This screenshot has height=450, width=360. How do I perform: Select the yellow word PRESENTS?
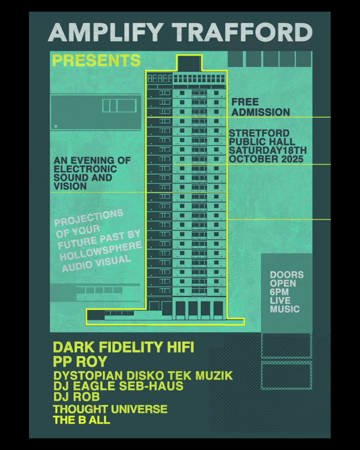[x=96, y=60]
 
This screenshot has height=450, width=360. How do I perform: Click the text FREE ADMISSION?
[x=261, y=107]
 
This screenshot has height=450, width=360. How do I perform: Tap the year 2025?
[x=291, y=159]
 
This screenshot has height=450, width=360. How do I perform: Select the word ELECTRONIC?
[x=85, y=169]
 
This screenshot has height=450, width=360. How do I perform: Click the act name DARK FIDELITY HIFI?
[x=123, y=347]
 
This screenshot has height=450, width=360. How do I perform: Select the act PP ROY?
[x=80, y=361]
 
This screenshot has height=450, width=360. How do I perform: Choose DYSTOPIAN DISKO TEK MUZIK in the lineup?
[x=143, y=376]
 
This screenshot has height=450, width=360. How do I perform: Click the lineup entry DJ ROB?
[x=76, y=397]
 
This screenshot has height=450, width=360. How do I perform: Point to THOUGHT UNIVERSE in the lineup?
[x=110, y=409]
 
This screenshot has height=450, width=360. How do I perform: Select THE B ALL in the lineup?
[x=81, y=421]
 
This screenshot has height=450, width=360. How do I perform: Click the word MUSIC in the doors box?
[x=285, y=309]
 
